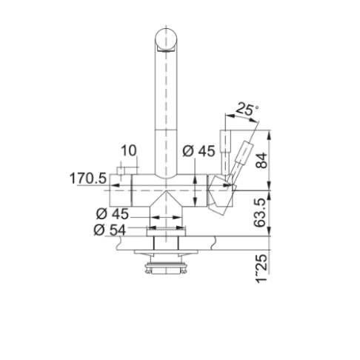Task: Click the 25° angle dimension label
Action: click(x=246, y=109)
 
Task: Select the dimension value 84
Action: click(x=261, y=161)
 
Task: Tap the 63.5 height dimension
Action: click(x=260, y=213)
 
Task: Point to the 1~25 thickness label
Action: click(x=261, y=269)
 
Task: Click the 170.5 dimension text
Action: click(x=88, y=179)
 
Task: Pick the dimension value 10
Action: click(x=128, y=150)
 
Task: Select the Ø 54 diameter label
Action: click(x=110, y=230)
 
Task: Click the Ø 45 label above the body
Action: click(x=199, y=151)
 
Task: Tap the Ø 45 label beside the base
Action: click(x=113, y=214)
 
